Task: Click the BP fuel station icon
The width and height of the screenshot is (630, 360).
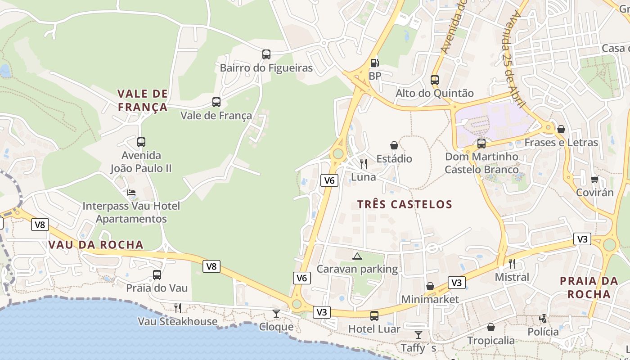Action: (374, 63)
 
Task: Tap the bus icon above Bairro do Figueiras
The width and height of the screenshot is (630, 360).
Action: (266, 54)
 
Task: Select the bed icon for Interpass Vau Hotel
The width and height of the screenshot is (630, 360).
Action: (131, 193)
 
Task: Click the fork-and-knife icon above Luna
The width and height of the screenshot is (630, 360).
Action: (364, 163)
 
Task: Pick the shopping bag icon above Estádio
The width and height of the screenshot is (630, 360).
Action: (394, 145)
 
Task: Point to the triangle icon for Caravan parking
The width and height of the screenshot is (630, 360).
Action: (357, 256)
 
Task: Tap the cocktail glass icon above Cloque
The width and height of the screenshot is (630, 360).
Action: (276, 313)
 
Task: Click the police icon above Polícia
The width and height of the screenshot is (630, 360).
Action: (543, 319)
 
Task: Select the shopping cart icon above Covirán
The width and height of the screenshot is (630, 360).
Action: (595, 179)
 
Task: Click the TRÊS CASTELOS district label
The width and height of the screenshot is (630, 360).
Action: (405, 204)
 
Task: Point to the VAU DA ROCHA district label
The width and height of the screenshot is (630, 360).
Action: (95, 245)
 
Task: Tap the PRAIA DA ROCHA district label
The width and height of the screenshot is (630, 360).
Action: (589, 288)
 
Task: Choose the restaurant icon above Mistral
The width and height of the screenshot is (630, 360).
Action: (512, 263)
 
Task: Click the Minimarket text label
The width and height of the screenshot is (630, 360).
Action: (430, 299)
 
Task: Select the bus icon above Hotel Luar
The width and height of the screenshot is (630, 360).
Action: (374, 316)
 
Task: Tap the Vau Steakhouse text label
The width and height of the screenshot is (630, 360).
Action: (177, 321)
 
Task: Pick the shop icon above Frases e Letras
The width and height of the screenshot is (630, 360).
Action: (561, 129)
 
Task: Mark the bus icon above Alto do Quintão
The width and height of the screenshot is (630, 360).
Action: (435, 80)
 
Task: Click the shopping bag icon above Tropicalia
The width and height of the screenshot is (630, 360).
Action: (491, 327)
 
